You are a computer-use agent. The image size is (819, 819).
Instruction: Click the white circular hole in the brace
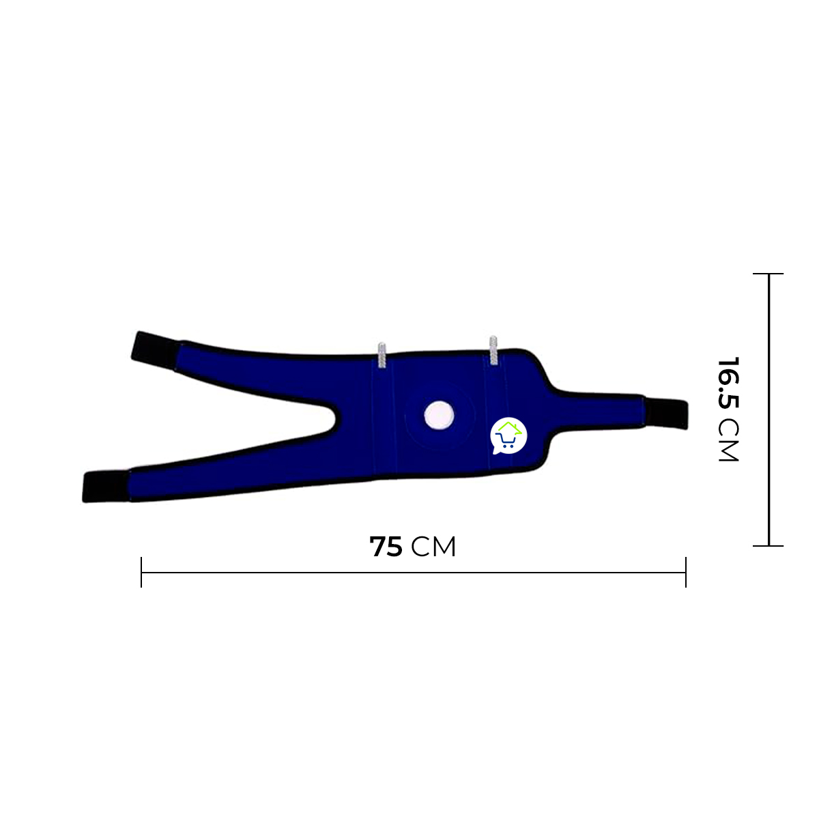(439, 415)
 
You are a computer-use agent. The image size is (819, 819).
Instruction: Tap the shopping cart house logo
(508, 435)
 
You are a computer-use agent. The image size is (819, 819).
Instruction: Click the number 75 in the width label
(386, 547)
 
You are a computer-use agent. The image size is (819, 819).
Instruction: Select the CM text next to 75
(433, 547)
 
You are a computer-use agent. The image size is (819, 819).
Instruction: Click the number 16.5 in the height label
(728, 382)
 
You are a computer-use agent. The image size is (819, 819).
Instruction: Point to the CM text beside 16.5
(728, 440)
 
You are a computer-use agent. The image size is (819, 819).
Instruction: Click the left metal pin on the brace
(382, 355)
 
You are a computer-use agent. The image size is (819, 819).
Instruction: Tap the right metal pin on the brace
(493, 350)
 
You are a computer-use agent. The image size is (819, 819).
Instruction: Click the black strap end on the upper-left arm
(156, 351)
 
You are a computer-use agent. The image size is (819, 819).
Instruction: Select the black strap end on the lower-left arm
(106, 486)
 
